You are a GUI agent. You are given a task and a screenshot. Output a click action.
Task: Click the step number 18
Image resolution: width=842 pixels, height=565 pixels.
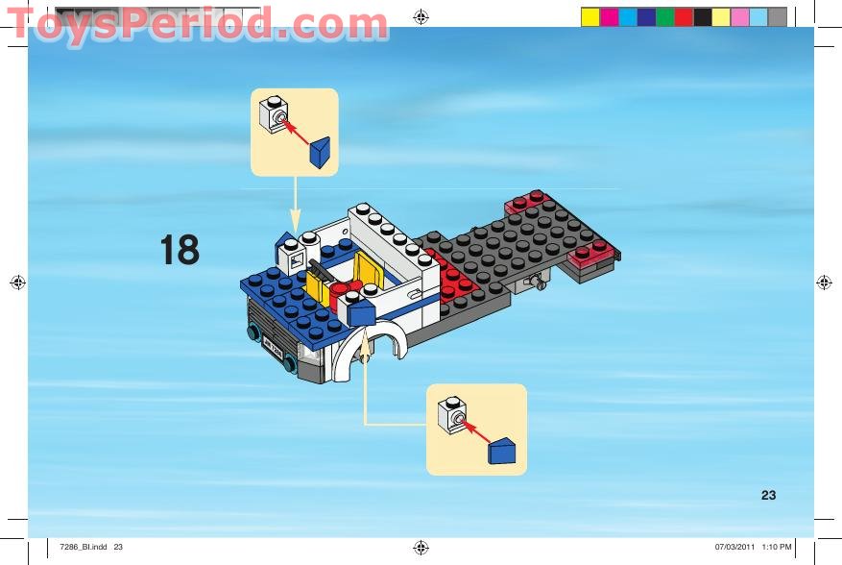click(180, 251)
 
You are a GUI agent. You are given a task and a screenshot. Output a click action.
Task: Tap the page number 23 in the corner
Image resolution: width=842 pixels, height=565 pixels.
click(768, 496)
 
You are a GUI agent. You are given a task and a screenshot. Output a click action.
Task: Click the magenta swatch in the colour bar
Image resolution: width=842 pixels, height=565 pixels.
click(609, 16)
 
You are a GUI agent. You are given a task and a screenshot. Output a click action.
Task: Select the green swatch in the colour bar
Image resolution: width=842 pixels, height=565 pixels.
click(664, 16)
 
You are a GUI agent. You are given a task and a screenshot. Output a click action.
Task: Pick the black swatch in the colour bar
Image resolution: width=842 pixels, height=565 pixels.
click(702, 16)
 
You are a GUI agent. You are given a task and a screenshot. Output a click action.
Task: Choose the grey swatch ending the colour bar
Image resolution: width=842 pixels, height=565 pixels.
click(777, 16)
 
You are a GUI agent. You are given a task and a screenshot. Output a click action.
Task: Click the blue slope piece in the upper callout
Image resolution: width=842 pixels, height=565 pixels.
click(320, 151)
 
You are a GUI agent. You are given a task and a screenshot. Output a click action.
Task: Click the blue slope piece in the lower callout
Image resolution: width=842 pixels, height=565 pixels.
click(502, 450)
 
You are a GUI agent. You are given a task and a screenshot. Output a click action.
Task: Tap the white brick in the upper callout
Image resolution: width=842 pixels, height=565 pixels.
click(274, 115)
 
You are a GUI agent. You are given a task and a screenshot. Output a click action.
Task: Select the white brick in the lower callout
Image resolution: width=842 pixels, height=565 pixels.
click(450, 414)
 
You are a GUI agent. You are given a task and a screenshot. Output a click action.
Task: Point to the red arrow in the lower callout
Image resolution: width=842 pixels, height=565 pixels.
click(475, 430)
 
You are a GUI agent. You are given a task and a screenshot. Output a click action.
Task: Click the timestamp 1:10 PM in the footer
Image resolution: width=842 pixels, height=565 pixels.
click(777, 548)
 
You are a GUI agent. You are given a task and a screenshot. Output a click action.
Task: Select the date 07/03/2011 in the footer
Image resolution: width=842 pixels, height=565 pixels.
click(734, 548)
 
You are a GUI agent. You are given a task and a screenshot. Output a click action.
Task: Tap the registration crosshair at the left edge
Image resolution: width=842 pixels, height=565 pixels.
click(17, 282)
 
